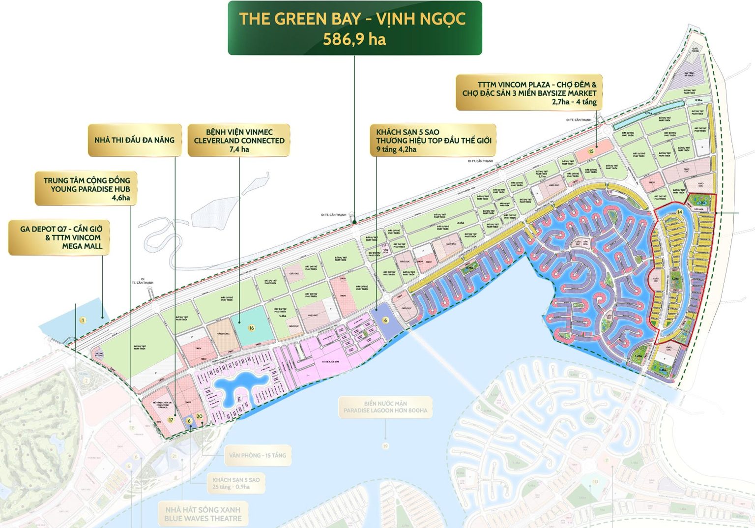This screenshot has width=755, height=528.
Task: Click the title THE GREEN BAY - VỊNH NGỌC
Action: click(352, 19)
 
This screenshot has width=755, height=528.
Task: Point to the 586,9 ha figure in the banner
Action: click(354, 39)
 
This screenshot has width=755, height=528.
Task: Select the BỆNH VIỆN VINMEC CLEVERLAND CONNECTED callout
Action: click(239, 140)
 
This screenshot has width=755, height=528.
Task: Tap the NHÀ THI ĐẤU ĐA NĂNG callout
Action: click(134, 140)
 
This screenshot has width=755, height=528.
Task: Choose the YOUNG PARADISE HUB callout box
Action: click(86, 189)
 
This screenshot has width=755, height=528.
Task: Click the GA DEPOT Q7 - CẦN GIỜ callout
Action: click(60, 237)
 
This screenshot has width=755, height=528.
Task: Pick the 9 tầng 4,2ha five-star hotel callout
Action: click(433, 140)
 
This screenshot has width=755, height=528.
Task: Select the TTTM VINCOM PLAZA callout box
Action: click(529, 93)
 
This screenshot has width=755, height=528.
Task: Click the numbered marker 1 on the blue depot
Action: click(83, 321)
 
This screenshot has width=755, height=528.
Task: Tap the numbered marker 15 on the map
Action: click(591, 151)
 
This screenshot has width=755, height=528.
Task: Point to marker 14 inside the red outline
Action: click(679, 212)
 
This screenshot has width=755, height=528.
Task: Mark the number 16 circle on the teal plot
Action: click(251, 328)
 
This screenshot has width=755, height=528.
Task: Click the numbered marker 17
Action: click(171, 420)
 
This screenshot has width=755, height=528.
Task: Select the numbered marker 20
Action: click(199, 416)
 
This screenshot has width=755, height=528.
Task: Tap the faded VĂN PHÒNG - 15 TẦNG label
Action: click(257, 455)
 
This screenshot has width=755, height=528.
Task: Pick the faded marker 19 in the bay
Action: click(385, 446)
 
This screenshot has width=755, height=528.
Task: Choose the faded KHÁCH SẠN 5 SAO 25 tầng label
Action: click(236, 483)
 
